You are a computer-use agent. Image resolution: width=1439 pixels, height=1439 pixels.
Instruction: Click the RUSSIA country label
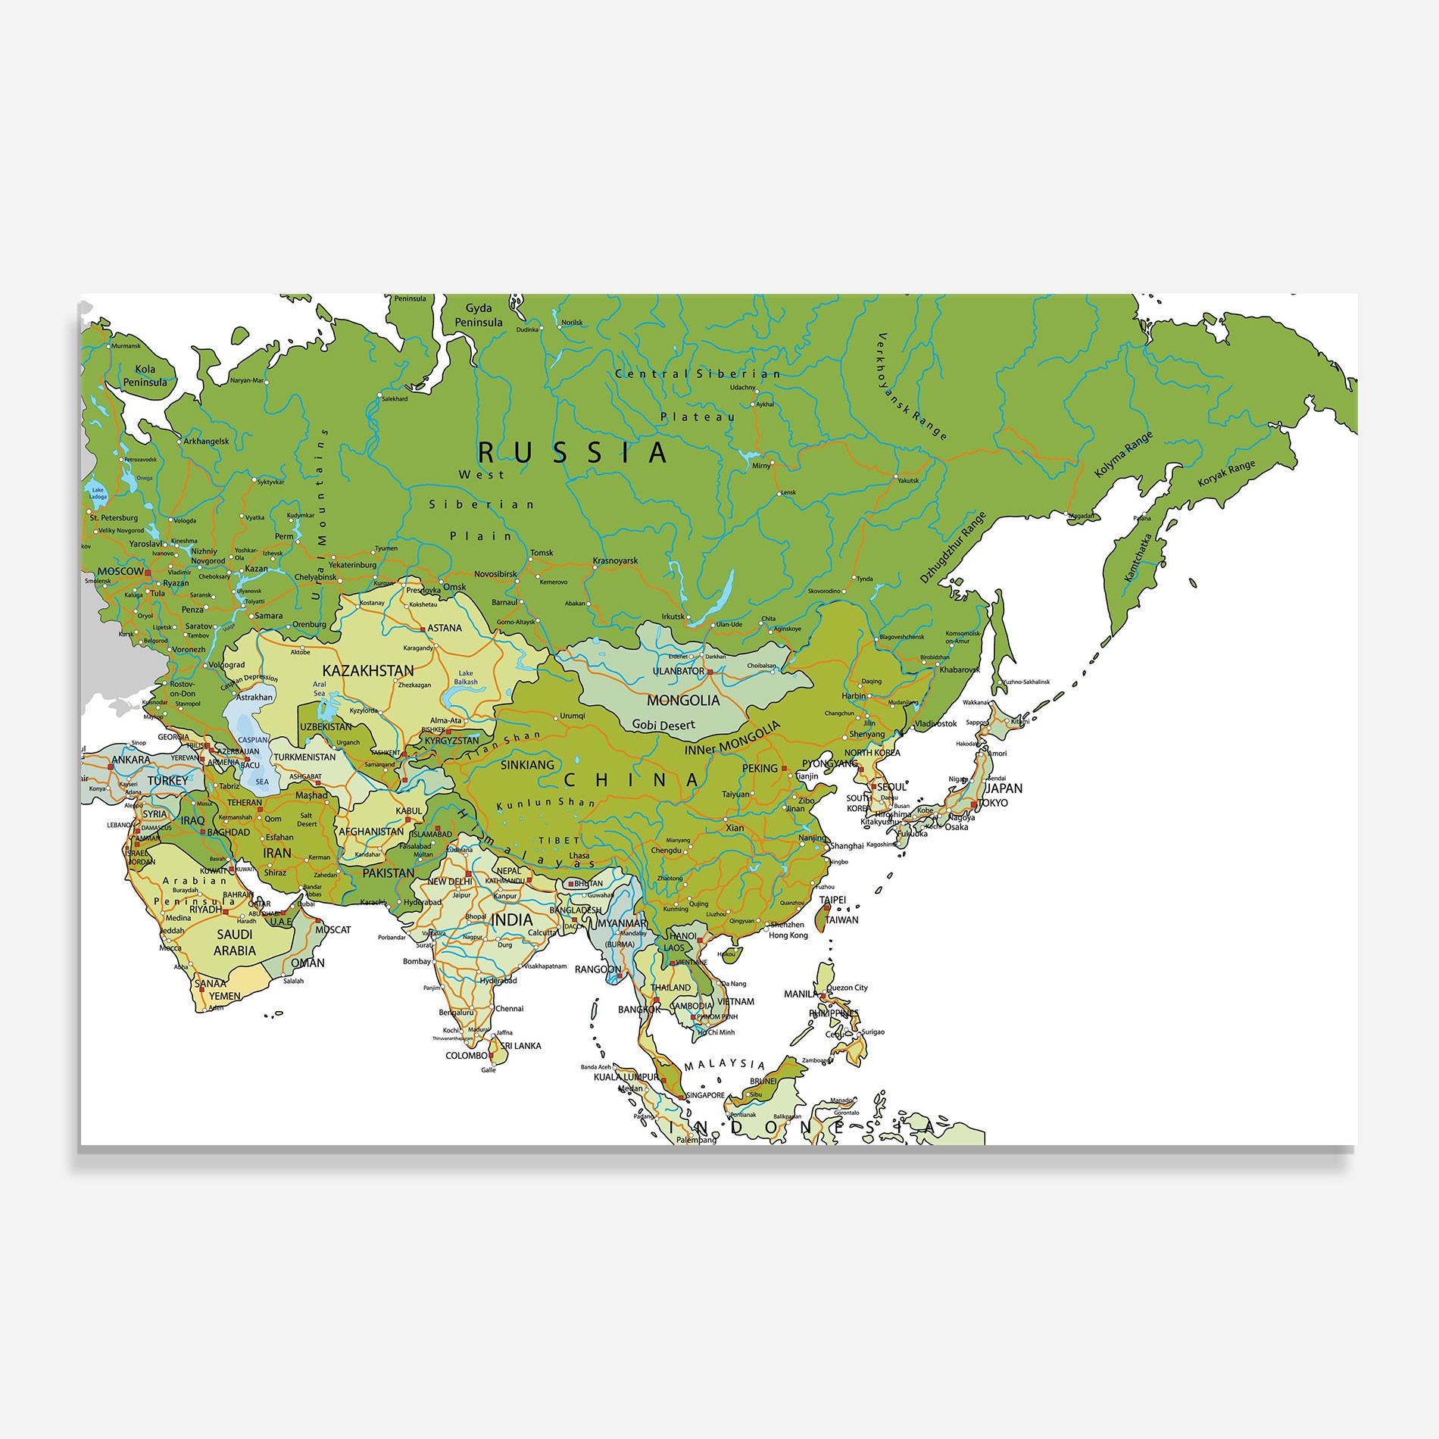[x=573, y=452]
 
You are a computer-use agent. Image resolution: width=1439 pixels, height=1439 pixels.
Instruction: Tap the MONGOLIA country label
[x=682, y=700]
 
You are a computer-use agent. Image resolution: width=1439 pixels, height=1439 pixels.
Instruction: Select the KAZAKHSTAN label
[x=368, y=670]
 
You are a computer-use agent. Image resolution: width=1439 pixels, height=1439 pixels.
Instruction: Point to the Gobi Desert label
[x=663, y=725]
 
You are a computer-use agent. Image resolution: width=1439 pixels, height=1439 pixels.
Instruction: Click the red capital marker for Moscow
[x=148, y=573]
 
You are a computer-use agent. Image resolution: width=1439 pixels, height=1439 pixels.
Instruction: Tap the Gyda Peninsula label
[x=478, y=315]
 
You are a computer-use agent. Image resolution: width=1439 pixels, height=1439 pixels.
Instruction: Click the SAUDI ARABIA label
[x=235, y=942]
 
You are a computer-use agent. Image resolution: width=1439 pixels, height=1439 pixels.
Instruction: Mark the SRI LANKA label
[x=515, y=1045]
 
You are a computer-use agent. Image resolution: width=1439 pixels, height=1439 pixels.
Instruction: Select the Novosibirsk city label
[x=495, y=574]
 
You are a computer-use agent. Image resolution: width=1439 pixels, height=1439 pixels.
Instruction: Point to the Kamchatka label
[x=1138, y=558]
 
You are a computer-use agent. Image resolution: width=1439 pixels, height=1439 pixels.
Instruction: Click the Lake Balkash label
[x=466, y=677]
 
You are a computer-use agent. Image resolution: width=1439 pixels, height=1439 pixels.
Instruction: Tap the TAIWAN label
[x=841, y=919]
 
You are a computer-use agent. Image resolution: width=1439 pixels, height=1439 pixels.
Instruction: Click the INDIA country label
[x=511, y=919]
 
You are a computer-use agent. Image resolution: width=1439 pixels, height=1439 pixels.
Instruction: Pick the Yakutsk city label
[x=907, y=480]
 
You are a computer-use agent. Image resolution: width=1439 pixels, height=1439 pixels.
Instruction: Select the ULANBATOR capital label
[x=678, y=671]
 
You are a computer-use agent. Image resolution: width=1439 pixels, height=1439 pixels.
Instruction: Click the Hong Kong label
[x=788, y=935]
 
